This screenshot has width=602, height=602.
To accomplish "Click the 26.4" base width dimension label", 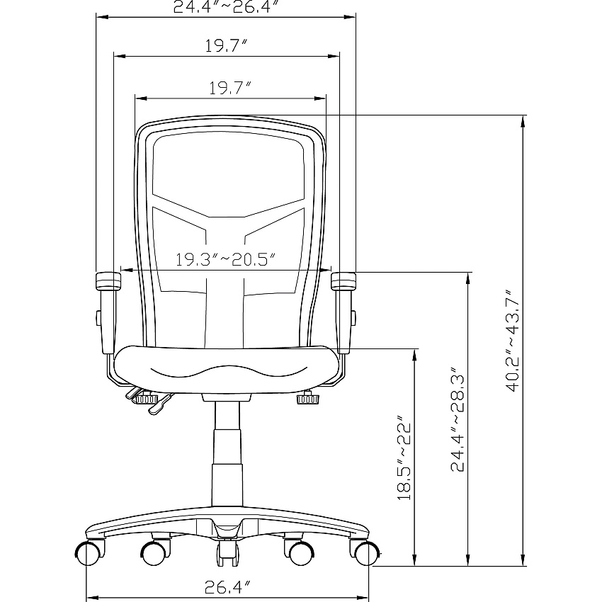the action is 227,586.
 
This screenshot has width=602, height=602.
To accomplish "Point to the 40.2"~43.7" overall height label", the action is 513,341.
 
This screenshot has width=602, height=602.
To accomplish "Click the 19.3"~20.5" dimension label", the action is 226,259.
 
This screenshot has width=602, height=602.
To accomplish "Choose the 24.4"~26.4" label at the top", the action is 225,7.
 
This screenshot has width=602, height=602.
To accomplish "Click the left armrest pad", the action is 108,280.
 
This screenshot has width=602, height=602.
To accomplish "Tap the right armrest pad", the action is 343,280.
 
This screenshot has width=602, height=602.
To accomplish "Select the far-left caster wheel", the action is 89,553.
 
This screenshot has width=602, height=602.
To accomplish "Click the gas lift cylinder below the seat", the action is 227,454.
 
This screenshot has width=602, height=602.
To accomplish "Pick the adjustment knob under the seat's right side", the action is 307,399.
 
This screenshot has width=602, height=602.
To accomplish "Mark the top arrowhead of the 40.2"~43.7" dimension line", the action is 522,120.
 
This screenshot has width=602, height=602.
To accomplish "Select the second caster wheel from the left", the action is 154,553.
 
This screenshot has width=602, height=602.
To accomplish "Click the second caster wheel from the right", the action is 300,553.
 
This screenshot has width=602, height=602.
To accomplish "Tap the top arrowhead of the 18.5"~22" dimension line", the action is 414,355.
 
